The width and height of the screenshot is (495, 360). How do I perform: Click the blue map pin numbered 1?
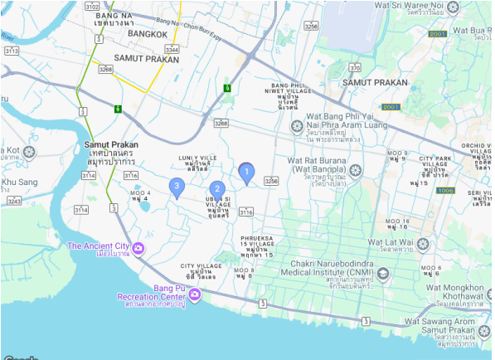pyautogui.click(x=246, y=172)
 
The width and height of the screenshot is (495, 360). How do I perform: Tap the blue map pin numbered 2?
pyautogui.click(x=216, y=190)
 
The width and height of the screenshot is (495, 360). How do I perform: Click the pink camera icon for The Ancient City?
pyautogui.click(x=138, y=248)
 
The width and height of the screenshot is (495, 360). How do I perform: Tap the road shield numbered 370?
pyautogui.click(x=355, y=68)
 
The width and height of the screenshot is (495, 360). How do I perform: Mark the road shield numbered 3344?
pyautogui.click(x=171, y=51)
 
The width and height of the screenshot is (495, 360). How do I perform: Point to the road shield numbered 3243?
pyautogui.click(x=13, y=201)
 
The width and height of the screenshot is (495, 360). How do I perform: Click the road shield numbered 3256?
pyautogui.click(x=311, y=27)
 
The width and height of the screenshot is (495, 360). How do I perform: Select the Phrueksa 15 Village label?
pyautogui.click(x=257, y=246)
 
